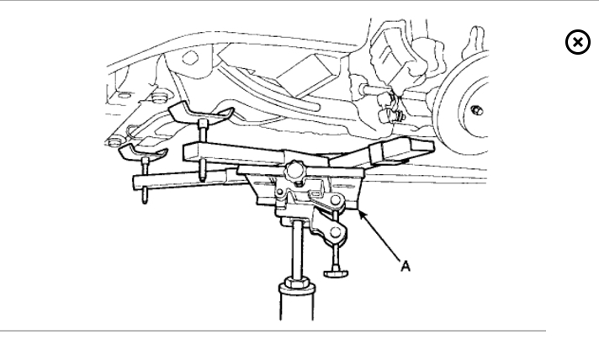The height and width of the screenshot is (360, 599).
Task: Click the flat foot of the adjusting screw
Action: click(x=335, y=272)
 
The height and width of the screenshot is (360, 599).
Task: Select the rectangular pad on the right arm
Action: click(x=397, y=149)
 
